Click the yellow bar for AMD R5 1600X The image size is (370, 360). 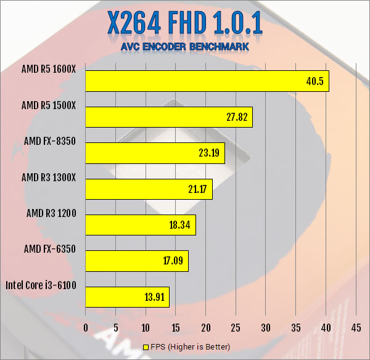207,81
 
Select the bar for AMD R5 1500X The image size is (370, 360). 168,117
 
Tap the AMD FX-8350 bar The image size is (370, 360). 155,153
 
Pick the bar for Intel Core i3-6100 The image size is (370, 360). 127,297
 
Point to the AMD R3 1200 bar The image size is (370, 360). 141,225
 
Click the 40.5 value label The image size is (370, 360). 314,81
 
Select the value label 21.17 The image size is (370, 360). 198,189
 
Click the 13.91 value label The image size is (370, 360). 155,297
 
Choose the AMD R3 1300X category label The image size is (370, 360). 49,178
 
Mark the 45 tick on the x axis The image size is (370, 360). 356,327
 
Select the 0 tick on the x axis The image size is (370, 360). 86,327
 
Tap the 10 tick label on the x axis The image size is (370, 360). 146,327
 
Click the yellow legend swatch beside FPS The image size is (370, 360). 147,348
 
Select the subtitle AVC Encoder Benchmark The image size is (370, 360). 184,46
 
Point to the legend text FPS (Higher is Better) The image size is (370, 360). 190,348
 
